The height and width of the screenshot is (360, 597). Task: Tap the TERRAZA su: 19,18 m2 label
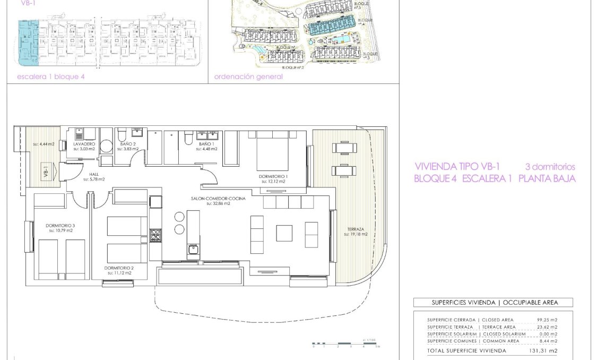point(356,231)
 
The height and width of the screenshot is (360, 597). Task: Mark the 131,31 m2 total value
point(546,351)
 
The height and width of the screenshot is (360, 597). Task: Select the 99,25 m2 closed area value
point(547,320)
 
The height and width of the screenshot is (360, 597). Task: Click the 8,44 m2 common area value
point(549,341)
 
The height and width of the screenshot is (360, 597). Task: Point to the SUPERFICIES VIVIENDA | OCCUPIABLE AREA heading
point(493,303)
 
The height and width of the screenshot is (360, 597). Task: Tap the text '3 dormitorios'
point(550,167)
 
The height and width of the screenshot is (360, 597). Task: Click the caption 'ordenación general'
point(248,76)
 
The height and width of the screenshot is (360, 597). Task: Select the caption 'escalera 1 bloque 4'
point(51,76)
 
